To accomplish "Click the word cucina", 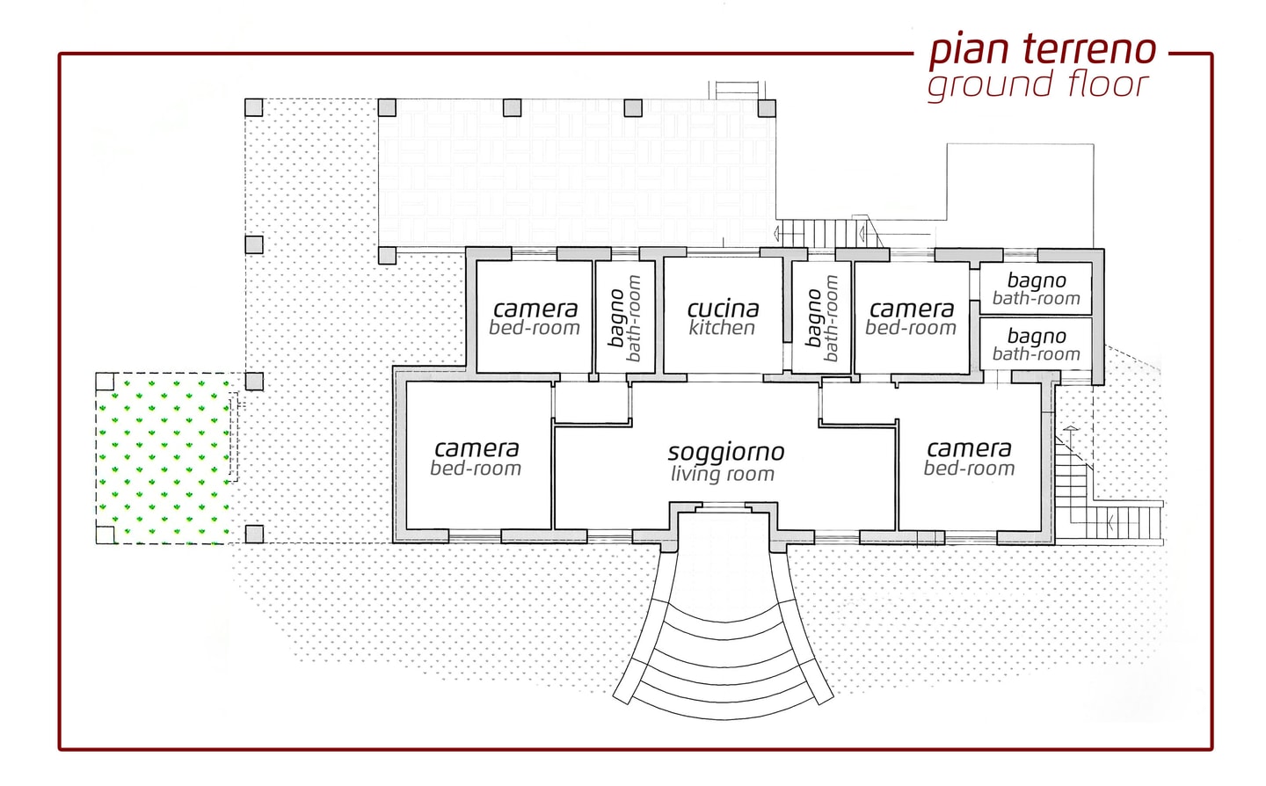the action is coord(723,309).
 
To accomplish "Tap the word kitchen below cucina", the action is coord(722,328).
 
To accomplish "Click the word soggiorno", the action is coord(726,452).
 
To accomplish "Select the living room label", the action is coord(723,474).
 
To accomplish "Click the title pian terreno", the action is coord(1043,50).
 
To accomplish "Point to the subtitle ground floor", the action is coord(1039,84).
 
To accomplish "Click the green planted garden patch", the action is coord(164,458).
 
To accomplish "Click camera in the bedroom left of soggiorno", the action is coord(477,448).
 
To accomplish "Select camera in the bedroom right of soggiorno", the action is coord(969,448).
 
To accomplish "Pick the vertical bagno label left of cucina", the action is coord(616,318).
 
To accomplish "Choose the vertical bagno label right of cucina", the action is coord(814,318).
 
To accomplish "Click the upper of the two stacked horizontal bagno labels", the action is coord(1037,280).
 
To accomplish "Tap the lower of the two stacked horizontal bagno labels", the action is coord(1037,336).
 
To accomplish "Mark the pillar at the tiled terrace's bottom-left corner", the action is coord(387,256).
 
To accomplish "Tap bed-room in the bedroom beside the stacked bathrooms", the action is coord(911,328).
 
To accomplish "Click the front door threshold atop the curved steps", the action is coord(724,509).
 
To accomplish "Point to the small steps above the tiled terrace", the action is coord(738,90).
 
